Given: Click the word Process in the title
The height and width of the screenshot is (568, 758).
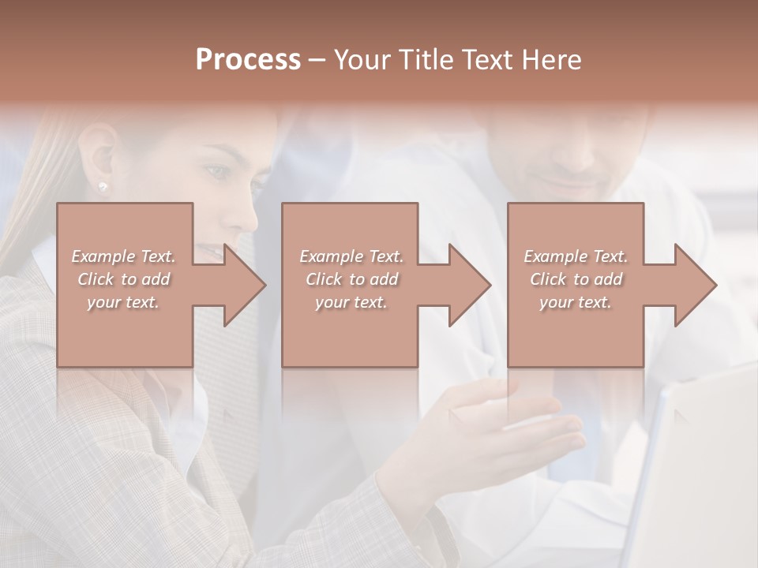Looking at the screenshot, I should (248, 60).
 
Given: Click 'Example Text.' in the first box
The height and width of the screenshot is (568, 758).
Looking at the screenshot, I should (124, 256).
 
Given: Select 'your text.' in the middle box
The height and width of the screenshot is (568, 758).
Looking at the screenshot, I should (351, 302).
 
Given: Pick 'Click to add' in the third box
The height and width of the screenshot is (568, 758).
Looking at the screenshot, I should (576, 279).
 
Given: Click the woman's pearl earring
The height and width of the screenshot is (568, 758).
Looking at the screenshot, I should (102, 186).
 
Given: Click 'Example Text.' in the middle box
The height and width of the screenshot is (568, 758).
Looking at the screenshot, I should (351, 256).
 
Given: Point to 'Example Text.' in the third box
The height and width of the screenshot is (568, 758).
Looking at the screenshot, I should (576, 256).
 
